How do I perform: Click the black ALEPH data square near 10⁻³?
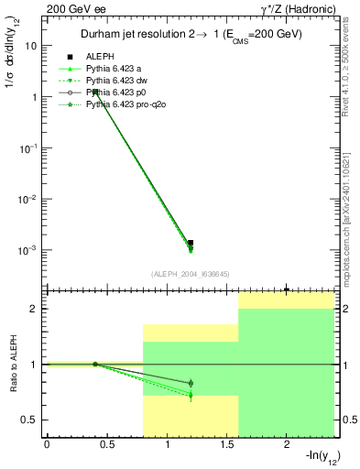pyautogui.click(x=191, y=243)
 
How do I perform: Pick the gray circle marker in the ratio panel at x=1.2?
pyautogui.click(x=191, y=383)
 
